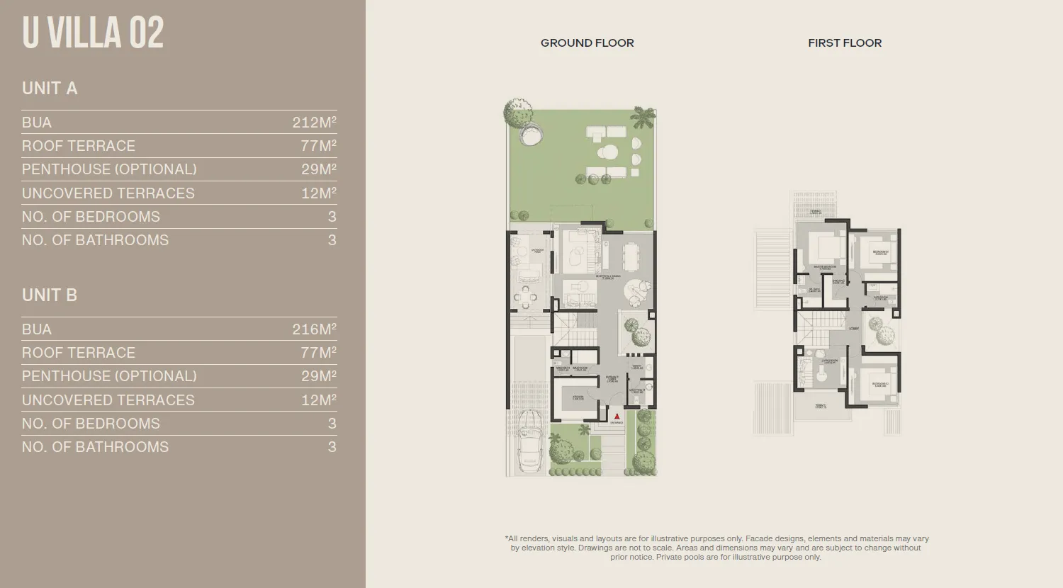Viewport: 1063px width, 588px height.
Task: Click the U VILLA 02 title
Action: [93, 33]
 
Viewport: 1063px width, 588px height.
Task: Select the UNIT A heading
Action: [50, 89]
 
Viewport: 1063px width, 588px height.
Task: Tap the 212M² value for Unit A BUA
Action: [314, 123]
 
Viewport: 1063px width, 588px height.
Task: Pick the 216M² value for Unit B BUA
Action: [314, 329]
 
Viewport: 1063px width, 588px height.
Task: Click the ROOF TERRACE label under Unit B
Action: [79, 353]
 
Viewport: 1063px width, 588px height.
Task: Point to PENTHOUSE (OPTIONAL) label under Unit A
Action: [109, 169]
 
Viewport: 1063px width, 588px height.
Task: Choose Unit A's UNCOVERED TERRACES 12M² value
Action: [318, 193]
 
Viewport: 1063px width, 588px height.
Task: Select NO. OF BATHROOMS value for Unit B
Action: [332, 447]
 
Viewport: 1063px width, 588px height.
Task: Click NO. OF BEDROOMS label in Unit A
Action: [91, 217]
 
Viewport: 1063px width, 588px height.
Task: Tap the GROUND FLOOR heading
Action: [587, 43]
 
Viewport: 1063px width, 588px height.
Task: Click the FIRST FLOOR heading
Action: [845, 43]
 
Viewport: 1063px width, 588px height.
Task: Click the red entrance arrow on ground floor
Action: [617, 417]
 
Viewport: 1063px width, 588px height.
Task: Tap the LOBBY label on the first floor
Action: [853, 329]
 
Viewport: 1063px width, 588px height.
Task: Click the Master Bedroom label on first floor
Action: [823, 268]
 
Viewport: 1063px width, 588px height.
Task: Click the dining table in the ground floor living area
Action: [629, 254]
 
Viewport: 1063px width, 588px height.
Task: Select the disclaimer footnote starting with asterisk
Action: [716, 548]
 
